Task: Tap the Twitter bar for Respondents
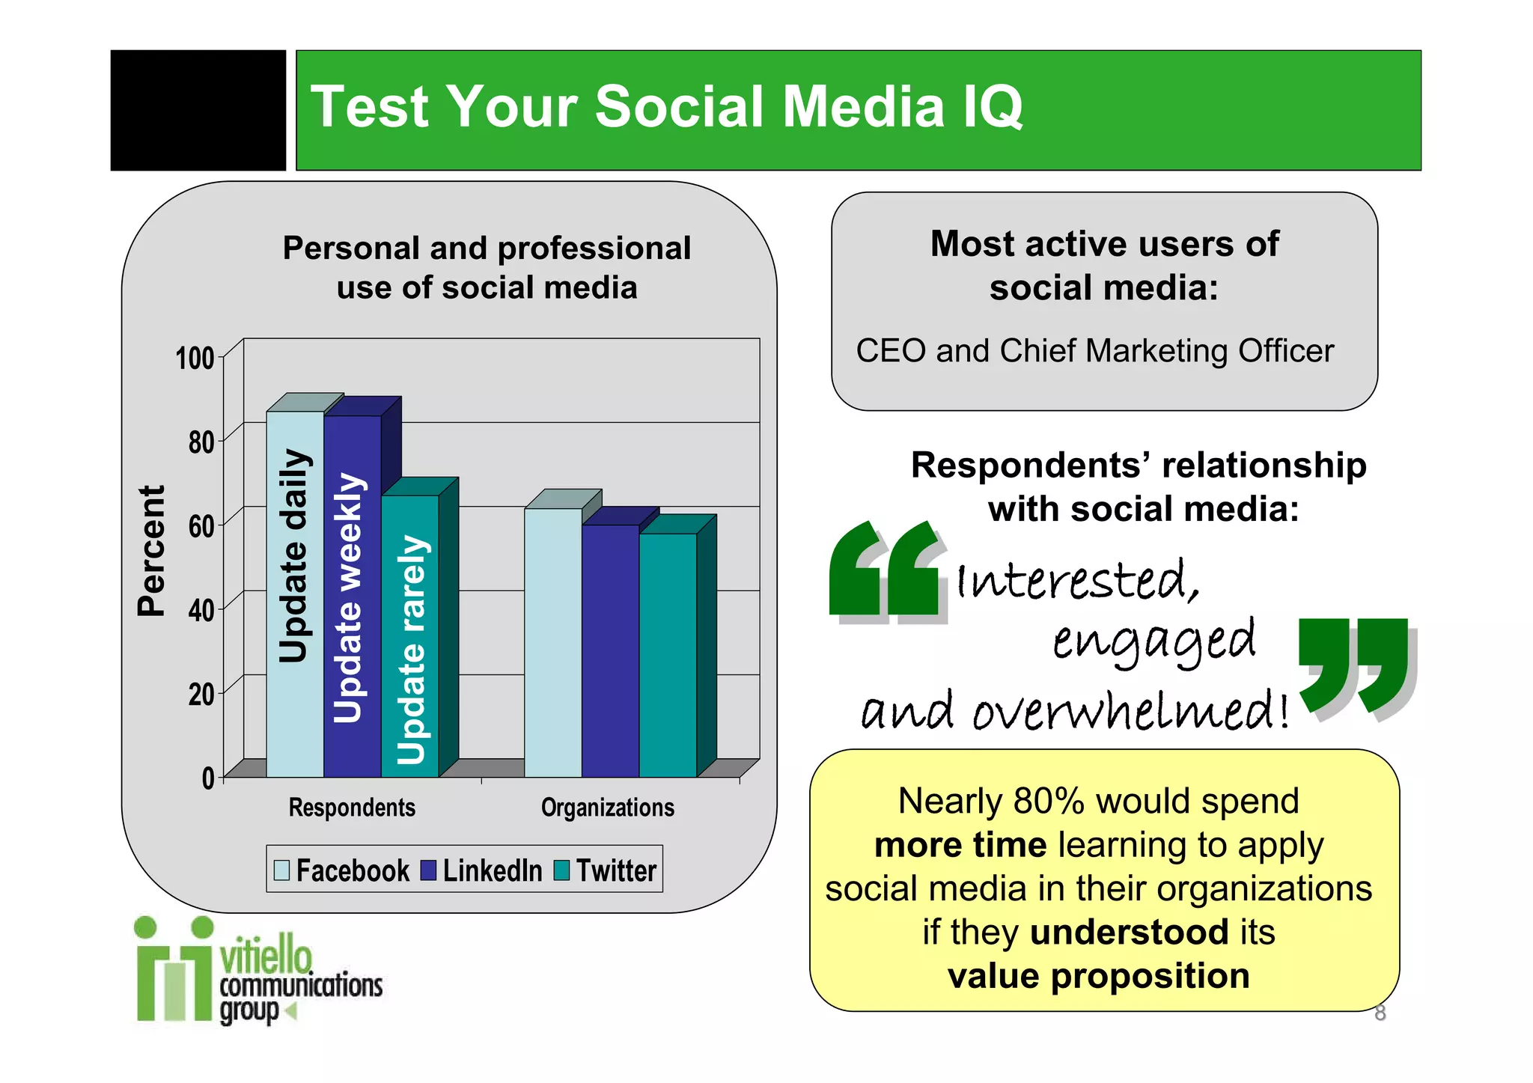[410, 635]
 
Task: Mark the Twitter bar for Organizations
[668, 654]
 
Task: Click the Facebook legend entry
[342, 870]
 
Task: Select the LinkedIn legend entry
[482, 870]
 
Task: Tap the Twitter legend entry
[606, 870]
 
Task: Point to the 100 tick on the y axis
[195, 359]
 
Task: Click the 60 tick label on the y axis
[201, 526]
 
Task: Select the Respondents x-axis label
[352, 808]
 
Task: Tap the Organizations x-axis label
[607, 808]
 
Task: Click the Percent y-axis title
[151, 550]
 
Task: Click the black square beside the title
[198, 110]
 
